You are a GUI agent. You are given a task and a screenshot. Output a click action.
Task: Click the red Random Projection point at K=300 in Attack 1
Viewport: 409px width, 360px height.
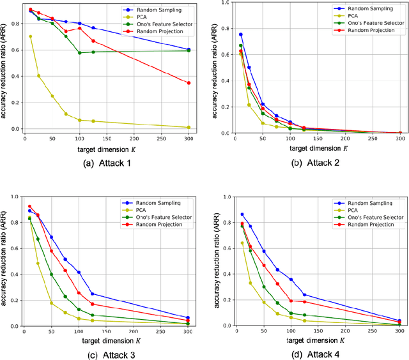189,83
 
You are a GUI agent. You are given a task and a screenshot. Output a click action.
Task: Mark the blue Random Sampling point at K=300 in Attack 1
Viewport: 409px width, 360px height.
189,49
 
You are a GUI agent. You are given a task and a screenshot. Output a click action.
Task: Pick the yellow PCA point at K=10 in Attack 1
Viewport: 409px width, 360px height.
30,36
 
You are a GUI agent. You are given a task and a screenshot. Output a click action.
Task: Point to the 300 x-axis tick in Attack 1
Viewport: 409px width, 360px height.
189,138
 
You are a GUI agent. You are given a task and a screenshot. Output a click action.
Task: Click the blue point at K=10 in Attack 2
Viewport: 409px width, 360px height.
240,34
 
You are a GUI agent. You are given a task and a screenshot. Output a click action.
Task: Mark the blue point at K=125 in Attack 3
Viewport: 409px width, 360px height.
93,294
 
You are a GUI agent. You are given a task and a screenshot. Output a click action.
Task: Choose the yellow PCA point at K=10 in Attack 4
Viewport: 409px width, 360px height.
242,243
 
